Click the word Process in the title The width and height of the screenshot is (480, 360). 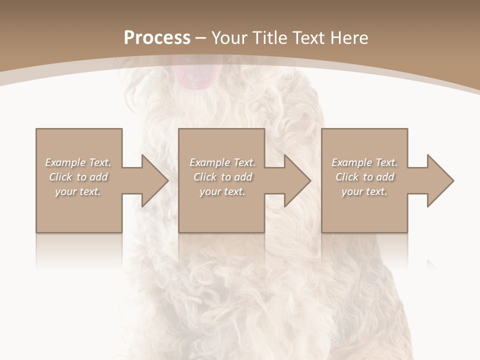pyautogui.click(x=157, y=38)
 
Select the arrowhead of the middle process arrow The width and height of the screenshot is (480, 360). pyautogui.click(x=297, y=180)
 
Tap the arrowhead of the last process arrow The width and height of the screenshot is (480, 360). pyautogui.click(x=440, y=180)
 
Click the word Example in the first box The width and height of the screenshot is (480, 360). pyautogui.click(x=65, y=162)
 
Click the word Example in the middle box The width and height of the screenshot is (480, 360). pyautogui.click(x=209, y=162)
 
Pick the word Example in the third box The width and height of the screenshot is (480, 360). pyautogui.click(x=351, y=162)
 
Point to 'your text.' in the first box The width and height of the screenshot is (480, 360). pyautogui.click(x=78, y=191)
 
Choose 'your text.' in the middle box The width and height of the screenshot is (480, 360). pyautogui.click(x=222, y=191)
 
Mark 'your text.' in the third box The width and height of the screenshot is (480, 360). pyautogui.click(x=364, y=191)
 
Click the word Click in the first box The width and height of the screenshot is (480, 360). pyautogui.click(x=61, y=177)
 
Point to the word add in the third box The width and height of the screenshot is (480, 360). pyautogui.click(x=384, y=177)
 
